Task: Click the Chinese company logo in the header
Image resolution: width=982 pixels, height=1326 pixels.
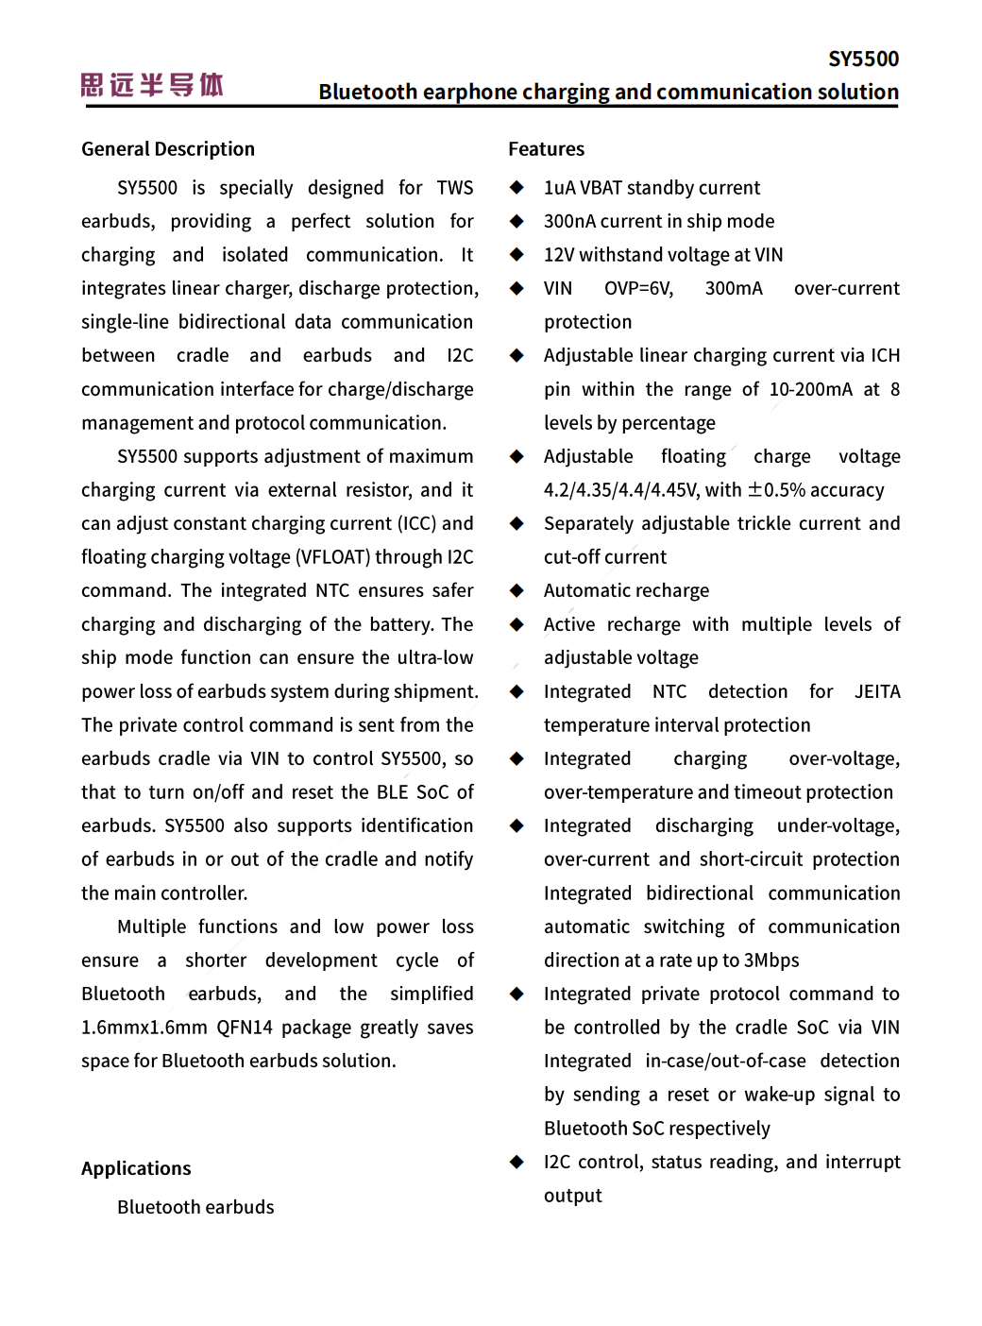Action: (x=152, y=85)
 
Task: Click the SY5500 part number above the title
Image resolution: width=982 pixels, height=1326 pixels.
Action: (x=863, y=59)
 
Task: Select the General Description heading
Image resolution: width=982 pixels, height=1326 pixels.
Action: (x=168, y=149)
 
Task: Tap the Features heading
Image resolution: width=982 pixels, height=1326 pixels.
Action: (x=546, y=149)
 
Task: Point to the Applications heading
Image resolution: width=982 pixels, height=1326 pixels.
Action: (x=136, y=1168)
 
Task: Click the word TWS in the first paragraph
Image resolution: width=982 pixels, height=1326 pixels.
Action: (x=454, y=188)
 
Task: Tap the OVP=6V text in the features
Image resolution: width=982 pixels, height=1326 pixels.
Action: (x=638, y=288)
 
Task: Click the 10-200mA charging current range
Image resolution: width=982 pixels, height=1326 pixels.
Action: (x=810, y=389)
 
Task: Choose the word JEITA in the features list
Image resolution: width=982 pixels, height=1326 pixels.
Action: (x=877, y=691)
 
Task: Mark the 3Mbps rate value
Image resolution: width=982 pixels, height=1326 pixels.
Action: (x=771, y=960)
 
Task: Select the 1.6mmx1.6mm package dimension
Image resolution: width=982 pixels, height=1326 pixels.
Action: (x=144, y=1028)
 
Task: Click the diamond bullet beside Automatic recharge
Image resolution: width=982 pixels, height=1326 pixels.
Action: (x=516, y=591)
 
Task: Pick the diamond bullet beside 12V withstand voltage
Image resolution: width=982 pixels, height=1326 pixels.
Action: (x=516, y=255)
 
